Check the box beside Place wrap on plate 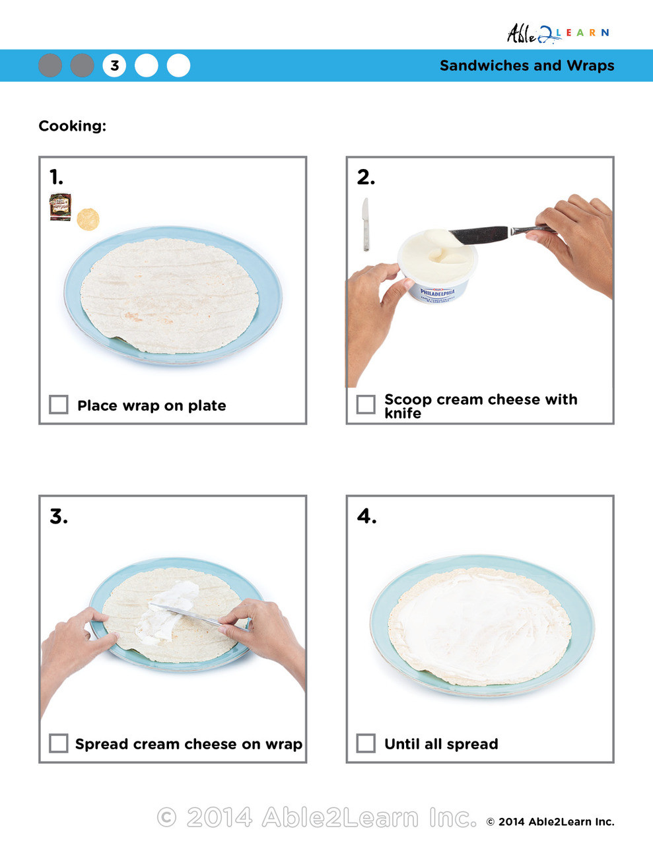pyautogui.click(x=59, y=404)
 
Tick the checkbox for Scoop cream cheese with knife pyautogui.click(x=366, y=404)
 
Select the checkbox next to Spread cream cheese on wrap pyautogui.click(x=59, y=743)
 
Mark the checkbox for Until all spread pyautogui.click(x=366, y=743)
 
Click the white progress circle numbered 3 pyautogui.click(x=114, y=65)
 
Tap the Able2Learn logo pyautogui.click(x=557, y=33)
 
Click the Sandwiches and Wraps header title pyautogui.click(x=526, y=65)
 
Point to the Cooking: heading pyautogui.click(x=72, y=125)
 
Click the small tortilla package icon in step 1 pyautogui.click(x=61, y=207)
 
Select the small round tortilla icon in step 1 pyautogui.click(x=88, y=219)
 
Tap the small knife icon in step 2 pyautogui.click(x=365, y=224)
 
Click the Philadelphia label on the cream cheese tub pyautogui.click(x=437, y=292)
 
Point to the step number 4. pyautogui.click(x=366, y=516)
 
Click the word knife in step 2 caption pyautogui.click(x=402, y=413)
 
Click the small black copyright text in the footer pyautogui.click(x=550, y=822)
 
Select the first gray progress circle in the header pyautogui.click(x=50, y=65)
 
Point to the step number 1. pyautogui.click(x=57, y=177)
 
